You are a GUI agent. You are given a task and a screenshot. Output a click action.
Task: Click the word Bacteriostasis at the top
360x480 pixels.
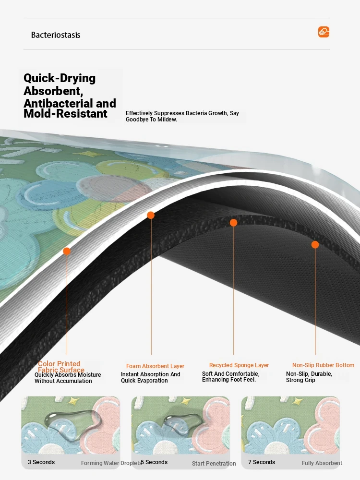(56, 35)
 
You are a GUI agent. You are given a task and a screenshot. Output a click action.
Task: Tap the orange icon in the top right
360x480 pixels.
(324, 32)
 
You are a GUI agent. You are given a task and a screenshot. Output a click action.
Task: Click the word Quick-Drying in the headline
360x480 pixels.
(60, 78)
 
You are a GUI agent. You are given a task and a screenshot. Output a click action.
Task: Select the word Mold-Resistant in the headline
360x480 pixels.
(65, 114)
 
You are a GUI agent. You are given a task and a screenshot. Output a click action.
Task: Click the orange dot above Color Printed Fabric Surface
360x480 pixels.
(67, 252)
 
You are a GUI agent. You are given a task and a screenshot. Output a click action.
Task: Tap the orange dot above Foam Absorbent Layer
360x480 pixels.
(151, 215)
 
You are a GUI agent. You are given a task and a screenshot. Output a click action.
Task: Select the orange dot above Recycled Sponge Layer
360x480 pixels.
(234, 223)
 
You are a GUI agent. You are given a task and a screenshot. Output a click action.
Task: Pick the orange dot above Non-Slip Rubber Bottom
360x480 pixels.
(315, 245)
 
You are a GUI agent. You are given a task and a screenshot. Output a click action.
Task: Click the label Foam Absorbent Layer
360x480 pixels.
(155, 366)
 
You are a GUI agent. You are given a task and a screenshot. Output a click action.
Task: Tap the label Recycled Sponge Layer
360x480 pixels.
(239, 365)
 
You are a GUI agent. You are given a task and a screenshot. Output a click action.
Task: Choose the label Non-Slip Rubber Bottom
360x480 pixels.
(323, 365)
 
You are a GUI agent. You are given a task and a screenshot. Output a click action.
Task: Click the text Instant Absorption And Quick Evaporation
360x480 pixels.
(151, 377)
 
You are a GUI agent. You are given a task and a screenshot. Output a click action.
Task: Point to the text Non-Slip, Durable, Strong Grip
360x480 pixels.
(309, 377)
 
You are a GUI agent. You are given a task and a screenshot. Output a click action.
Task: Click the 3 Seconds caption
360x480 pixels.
(41, 462)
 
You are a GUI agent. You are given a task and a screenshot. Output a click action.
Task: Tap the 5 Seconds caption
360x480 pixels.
(154, 462)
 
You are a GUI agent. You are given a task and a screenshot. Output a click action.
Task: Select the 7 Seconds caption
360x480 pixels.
(262, 462)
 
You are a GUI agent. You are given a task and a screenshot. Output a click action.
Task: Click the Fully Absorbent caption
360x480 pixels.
(322, 463)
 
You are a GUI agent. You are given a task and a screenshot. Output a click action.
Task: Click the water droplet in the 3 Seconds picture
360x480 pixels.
(72, 423)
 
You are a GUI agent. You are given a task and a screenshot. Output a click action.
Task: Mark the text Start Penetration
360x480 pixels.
(214, 464)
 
